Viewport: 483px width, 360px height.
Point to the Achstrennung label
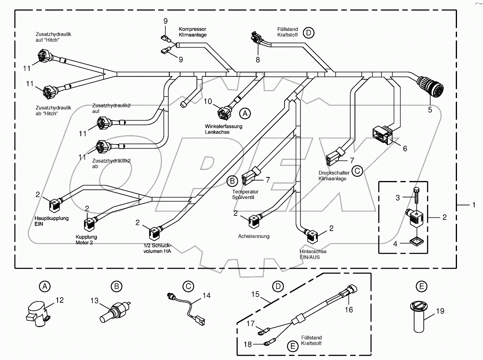point(254,236)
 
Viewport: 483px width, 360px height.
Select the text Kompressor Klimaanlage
point(193,32)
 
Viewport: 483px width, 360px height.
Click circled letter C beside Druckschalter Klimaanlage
point(357,171)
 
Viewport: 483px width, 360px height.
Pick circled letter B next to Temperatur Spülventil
point(232,181)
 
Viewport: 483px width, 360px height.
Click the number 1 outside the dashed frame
point(474,205)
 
